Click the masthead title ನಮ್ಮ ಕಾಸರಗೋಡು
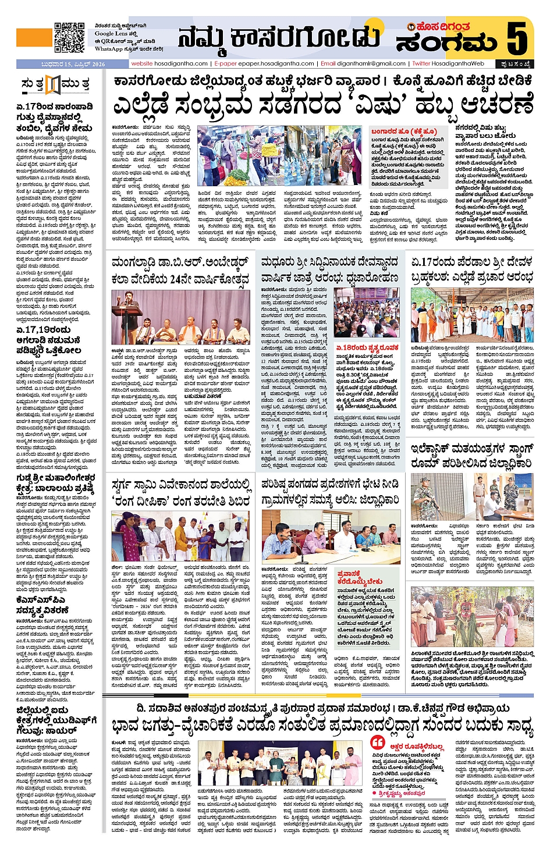[x=279, y=38]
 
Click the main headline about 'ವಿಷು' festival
[x=323, y=105]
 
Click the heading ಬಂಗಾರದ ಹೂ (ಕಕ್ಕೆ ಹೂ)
[x=404, y=132]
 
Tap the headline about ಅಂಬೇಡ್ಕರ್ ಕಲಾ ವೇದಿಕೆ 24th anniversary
[x=180, y=270]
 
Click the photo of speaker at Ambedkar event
[x=180, y=317]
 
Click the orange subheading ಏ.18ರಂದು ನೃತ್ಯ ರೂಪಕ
[x=367, y=347]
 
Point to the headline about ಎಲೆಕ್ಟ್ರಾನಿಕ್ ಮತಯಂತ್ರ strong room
[x=471, y=456]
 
